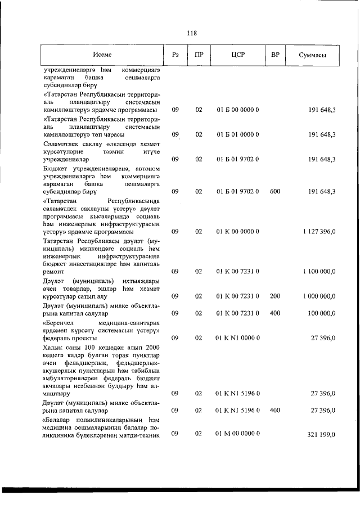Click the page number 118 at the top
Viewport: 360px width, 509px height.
(191, 33)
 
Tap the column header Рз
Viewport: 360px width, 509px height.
(175, 55)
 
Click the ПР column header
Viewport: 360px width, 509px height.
(199, 55)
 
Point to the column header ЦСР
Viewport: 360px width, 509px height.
(237, 55)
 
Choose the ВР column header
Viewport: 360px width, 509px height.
(275, 55)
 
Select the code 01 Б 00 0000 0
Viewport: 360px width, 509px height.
(237, 110)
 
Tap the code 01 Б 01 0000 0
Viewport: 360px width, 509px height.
(237, 134)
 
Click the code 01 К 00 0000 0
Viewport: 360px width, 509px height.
(237, 232)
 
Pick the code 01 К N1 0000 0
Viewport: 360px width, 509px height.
(237, 337)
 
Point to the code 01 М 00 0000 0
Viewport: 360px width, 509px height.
(237, 434)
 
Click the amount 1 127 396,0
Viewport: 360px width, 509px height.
(319, 232)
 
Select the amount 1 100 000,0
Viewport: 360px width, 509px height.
(319, 272)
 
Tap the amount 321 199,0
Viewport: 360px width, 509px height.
(322, 434)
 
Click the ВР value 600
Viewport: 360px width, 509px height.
(275, 192)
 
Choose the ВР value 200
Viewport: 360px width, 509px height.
(275, 296)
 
